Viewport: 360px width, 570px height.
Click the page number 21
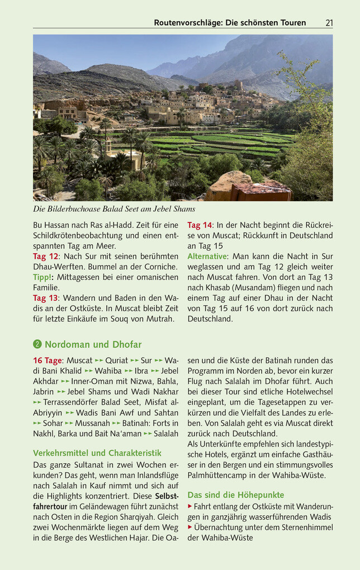pos(329,23)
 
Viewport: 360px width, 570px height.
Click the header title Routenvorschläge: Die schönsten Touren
pos(230,23)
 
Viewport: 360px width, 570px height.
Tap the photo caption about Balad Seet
pos(114,209)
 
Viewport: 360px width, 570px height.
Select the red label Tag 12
pos(45,256)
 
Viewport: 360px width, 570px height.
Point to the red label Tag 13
pos(45,298)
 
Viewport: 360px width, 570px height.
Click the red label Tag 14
pos(200,225)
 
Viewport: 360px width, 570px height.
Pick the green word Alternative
pos(207,256)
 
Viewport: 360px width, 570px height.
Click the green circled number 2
pos(37,344)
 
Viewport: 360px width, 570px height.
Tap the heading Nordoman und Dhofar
pos(93,344)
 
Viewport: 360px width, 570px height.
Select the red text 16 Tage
pos(47,360)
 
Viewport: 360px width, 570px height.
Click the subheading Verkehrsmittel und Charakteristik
pos(97,453)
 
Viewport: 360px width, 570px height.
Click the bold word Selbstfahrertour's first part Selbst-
pos(167,496)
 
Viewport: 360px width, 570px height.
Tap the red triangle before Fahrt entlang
pos(190,506)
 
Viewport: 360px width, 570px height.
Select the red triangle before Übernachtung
pos(190,527)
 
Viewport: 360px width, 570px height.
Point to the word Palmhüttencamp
pos(218,476)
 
